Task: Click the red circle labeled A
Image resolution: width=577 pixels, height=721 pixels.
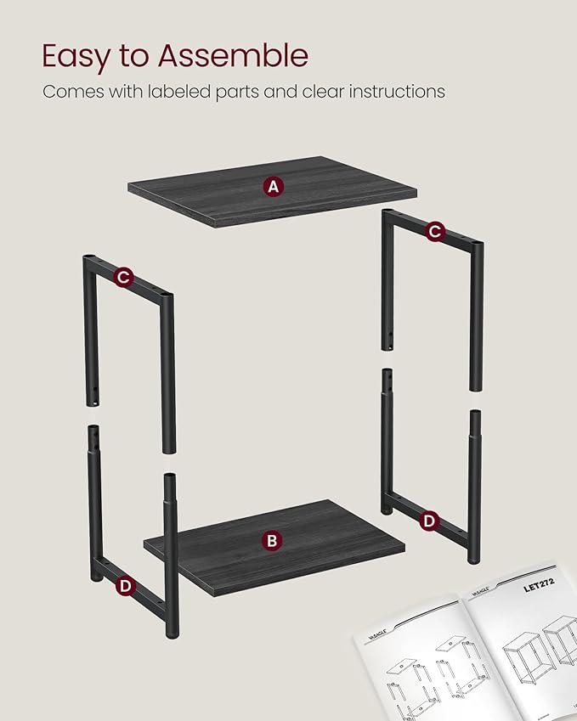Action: coord(273,187)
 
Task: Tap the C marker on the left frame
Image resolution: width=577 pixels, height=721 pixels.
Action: coord(124,277)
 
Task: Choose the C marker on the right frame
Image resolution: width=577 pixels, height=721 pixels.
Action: coord(435,230)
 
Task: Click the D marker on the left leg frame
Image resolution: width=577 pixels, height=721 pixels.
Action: coord(125,585)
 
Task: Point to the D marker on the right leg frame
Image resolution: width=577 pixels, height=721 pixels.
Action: coord(429,521)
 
